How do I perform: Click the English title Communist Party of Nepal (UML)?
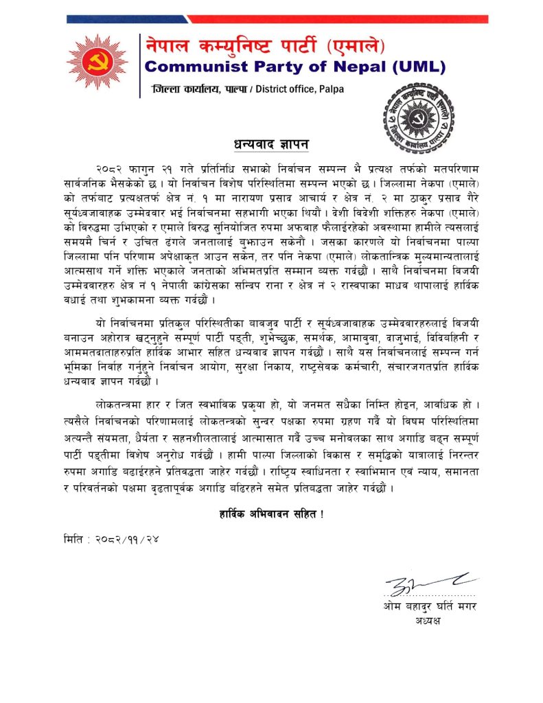click(295, 67)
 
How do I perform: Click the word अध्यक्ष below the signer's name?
click(428, 621)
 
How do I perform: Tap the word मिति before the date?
click(69, 540)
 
